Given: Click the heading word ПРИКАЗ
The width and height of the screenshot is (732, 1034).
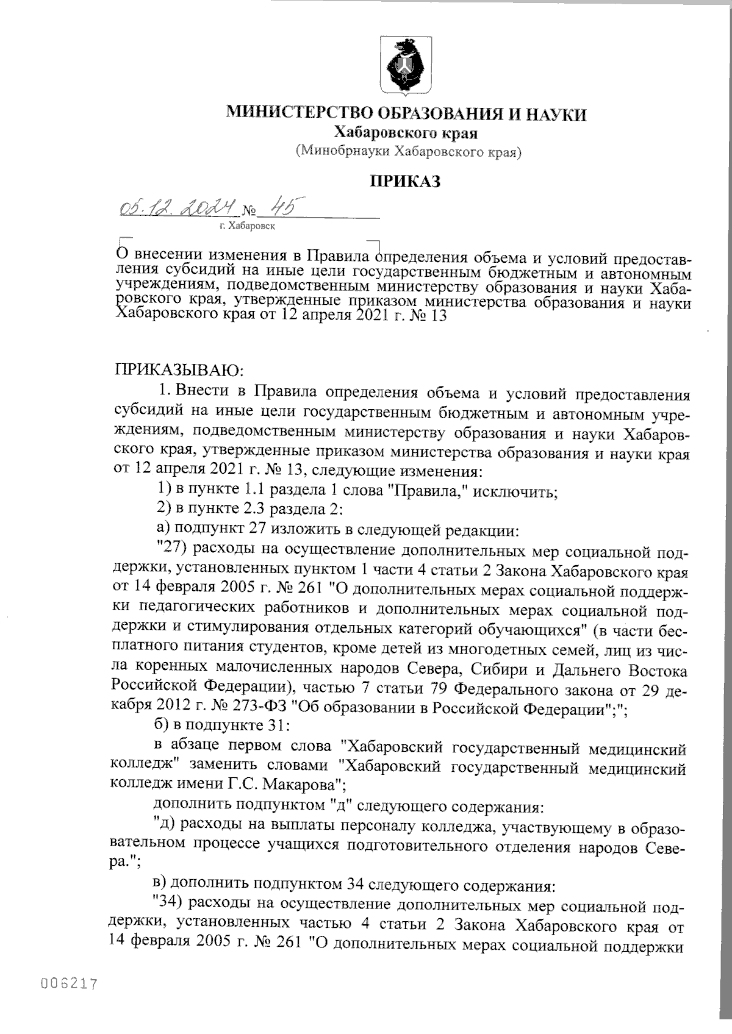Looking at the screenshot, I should pyautogui.click(x=406, y=182).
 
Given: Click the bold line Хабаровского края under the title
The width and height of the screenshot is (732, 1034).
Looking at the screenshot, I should pyautogui.click(x=406, y=132).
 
